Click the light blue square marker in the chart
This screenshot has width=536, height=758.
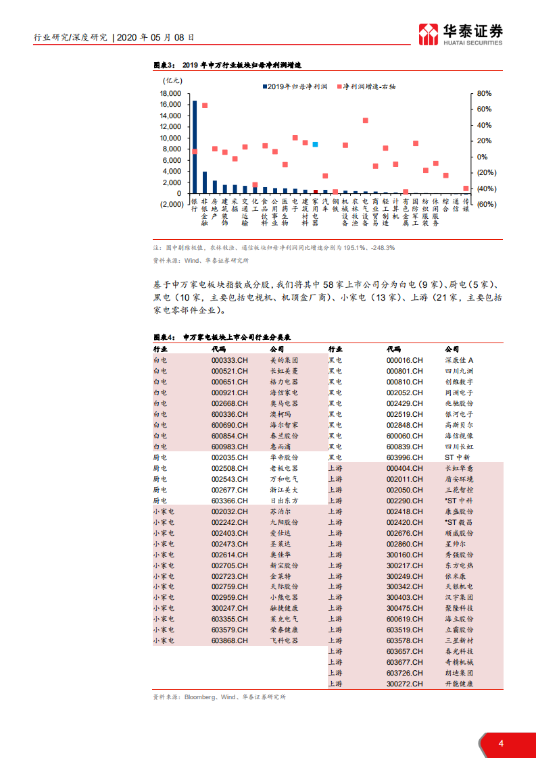[315, 144]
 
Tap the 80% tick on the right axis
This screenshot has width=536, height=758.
[484, 94]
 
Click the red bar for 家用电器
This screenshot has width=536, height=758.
[315, 191]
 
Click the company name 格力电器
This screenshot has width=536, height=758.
[284, 382]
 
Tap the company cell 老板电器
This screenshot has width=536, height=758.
[284, 468]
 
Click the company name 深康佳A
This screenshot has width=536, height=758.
[460, 360]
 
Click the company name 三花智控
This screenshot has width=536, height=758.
[459, 490]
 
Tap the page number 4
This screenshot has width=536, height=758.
[501, 744]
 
